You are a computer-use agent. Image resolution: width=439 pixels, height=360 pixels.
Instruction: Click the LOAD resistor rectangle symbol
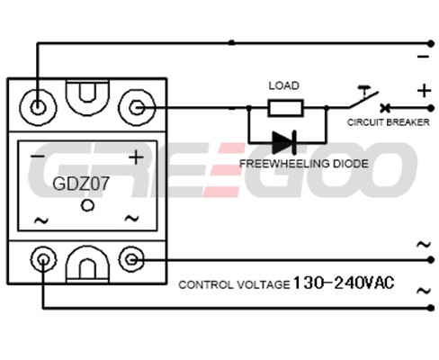click(285, 108)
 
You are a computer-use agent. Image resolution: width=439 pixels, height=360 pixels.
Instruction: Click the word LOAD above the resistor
click(283, 85)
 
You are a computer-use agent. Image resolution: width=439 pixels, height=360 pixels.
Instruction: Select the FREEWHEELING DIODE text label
click(304, 164)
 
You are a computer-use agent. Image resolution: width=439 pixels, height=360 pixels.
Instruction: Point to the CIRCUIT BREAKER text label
click(389, 122)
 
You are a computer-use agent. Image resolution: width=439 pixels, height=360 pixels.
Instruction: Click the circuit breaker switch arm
click(363, 100)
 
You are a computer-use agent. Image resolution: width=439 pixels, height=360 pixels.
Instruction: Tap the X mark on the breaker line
click(385, 108)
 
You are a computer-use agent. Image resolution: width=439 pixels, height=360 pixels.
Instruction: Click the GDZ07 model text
click(81, 184)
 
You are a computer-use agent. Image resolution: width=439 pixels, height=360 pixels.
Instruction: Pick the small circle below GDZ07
click(87, 205)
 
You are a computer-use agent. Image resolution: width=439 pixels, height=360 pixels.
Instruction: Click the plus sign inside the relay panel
click(136, 157)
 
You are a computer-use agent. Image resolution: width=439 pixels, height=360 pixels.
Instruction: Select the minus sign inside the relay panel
click(38, 157)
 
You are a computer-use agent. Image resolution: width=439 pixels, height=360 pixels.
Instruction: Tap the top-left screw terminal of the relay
click(38, 107)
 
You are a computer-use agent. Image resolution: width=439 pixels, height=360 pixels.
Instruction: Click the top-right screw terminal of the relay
click(137, 107)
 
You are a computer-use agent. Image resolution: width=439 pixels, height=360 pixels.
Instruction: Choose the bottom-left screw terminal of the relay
click(43, 259)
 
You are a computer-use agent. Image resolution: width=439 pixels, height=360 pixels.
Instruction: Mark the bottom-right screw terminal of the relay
click(131, 259)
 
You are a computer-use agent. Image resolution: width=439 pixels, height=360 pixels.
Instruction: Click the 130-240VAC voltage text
click(344, 283)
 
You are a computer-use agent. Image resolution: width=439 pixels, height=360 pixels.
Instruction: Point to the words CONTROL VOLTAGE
click(234, 284)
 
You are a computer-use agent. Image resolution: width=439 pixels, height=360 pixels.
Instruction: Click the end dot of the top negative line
click(431, 44)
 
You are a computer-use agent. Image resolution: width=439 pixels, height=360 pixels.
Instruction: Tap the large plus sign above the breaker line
click(424, 91)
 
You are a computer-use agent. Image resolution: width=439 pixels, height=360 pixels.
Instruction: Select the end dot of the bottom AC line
click(431, 308)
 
